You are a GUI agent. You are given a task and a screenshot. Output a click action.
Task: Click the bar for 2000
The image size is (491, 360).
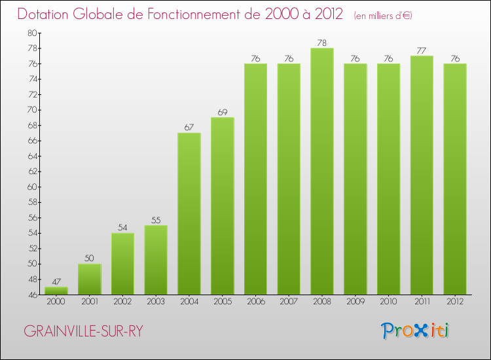point(56,291)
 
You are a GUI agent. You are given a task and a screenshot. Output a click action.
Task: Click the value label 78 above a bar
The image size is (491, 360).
point(322,43)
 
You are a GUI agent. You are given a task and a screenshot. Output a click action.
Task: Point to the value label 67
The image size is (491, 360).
point(189,128)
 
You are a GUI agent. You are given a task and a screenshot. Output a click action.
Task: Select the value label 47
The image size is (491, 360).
point(56,281)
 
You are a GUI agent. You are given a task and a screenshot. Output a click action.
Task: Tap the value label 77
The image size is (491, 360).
point(422,51)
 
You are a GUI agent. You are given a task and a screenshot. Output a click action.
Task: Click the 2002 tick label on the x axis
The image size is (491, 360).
point(122,302)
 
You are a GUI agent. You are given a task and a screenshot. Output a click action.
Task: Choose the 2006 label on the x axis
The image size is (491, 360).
point(255,302)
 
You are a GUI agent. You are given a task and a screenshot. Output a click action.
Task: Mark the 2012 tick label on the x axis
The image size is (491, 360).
point(455,302)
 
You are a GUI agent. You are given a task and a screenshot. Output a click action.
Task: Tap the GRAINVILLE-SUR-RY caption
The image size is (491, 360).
point(83,331)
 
